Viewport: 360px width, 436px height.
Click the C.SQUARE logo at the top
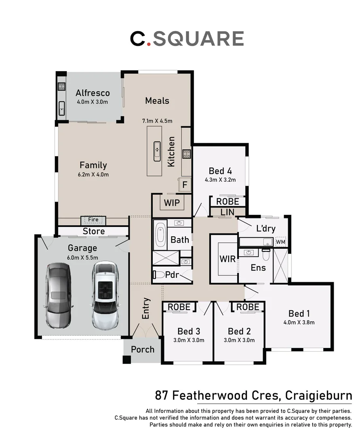(x=187, y=38)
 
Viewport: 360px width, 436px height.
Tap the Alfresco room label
(x=93, y=93)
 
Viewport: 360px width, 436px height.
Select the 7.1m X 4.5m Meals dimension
(x=157, y=121)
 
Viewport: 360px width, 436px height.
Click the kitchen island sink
(x=157, y=151)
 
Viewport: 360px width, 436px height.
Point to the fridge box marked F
(x=185, y=185)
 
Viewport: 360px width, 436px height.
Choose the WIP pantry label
(x=171, y=201)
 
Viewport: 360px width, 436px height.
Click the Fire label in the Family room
(x=93, y=220)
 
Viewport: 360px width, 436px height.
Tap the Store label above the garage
(x=94, y=231)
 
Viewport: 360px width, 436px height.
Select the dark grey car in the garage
(x=59, y=295)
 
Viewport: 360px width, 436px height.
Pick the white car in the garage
(x=105, y=295)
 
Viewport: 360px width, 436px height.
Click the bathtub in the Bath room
(x=160, y=235)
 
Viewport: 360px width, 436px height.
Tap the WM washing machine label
(x=280, y=242)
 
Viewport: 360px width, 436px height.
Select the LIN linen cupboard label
(x=227, y=212)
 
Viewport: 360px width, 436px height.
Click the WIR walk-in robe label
(x=227, y=259)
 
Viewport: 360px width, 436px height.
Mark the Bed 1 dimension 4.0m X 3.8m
(x=299, y=322)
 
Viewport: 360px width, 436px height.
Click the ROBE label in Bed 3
(x=179, y=307)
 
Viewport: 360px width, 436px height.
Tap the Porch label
(x=143, y=349)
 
